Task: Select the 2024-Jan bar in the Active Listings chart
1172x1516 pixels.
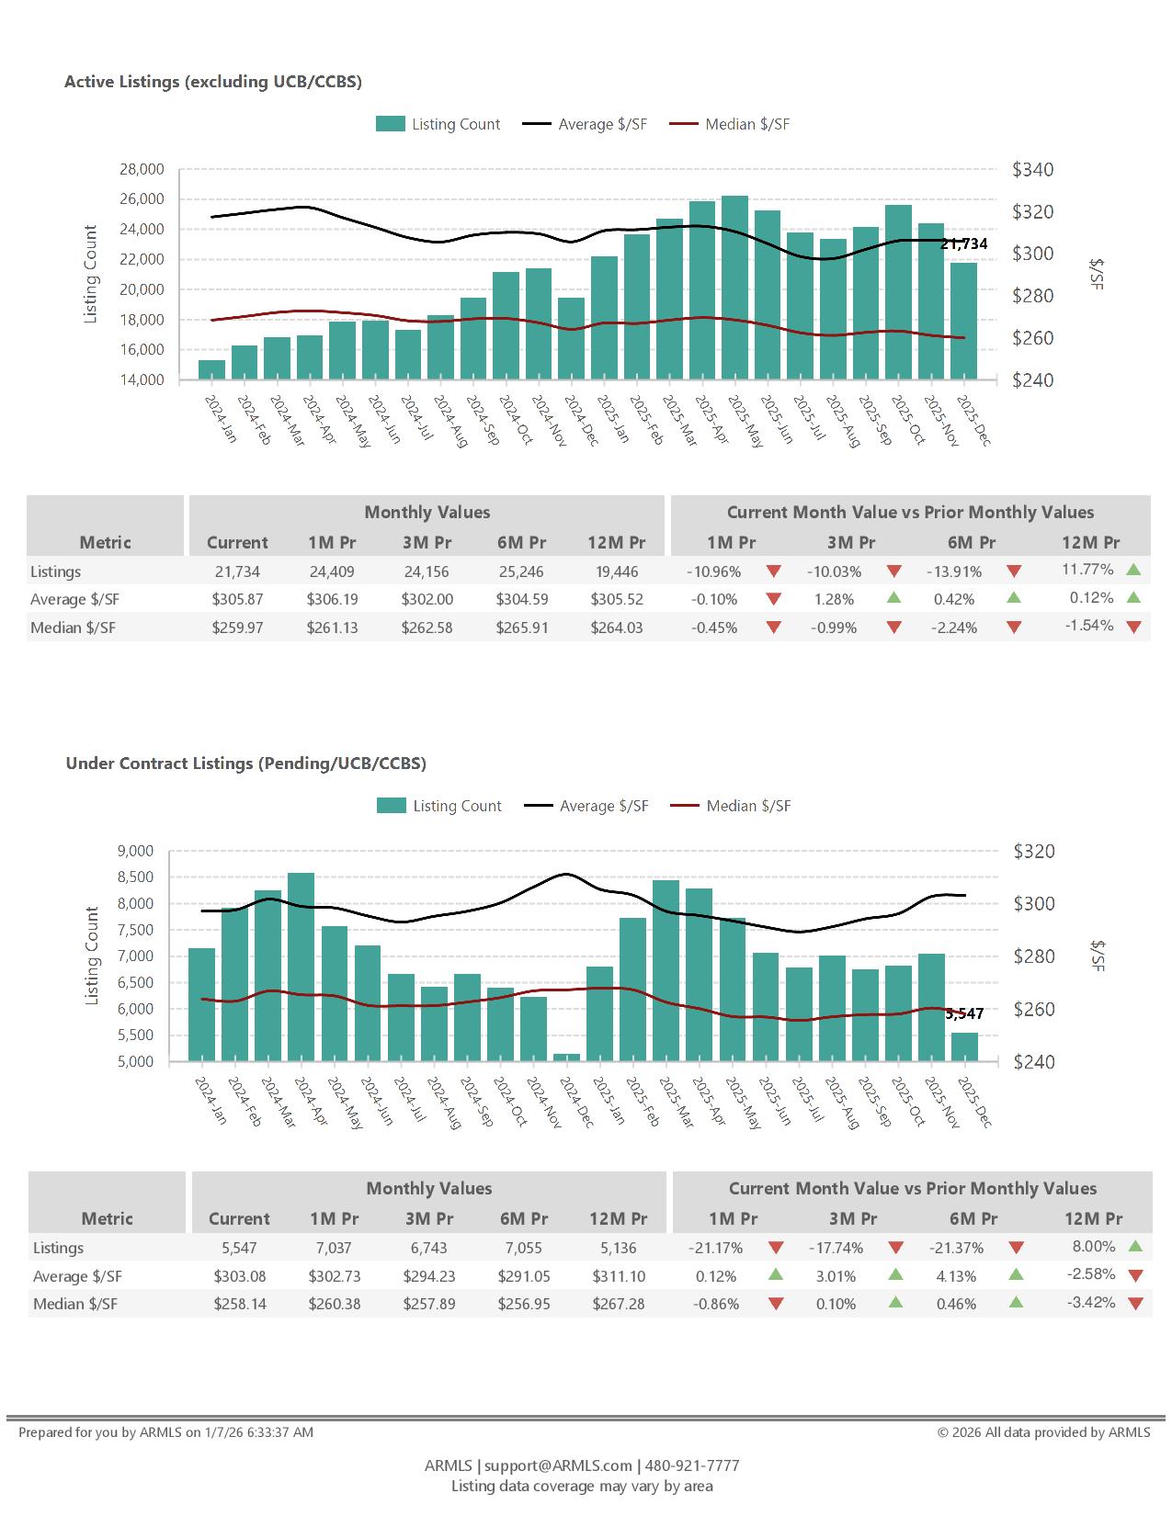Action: (x=211, y=369)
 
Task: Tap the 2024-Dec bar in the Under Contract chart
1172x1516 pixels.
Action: (x=566, y=1058)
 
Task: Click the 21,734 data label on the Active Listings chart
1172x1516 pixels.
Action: (x=963, y=243)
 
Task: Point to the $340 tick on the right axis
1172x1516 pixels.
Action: (x=1032, y=170)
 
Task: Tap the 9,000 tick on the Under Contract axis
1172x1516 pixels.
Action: (x=136, y=851)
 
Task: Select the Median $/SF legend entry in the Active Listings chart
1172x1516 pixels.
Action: (x=729, y=124)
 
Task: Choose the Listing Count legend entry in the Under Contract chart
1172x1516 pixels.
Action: (x=439, y=806)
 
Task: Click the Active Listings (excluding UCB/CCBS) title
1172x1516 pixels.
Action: (x=213, y=82)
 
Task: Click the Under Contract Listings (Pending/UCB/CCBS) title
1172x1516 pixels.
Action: (x=245, y=764)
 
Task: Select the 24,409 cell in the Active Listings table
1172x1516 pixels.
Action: (x=332, y=571)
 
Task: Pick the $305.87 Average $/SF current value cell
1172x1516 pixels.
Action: (x=237, y=599)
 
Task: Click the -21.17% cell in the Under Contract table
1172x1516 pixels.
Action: (x=715, y=1248)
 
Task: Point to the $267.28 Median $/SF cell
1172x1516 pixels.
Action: (x=619, y=1304)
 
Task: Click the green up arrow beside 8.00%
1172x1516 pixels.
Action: (x=1134, y=1247)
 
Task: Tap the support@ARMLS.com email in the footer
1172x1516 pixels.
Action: (x=558, y=1465)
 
